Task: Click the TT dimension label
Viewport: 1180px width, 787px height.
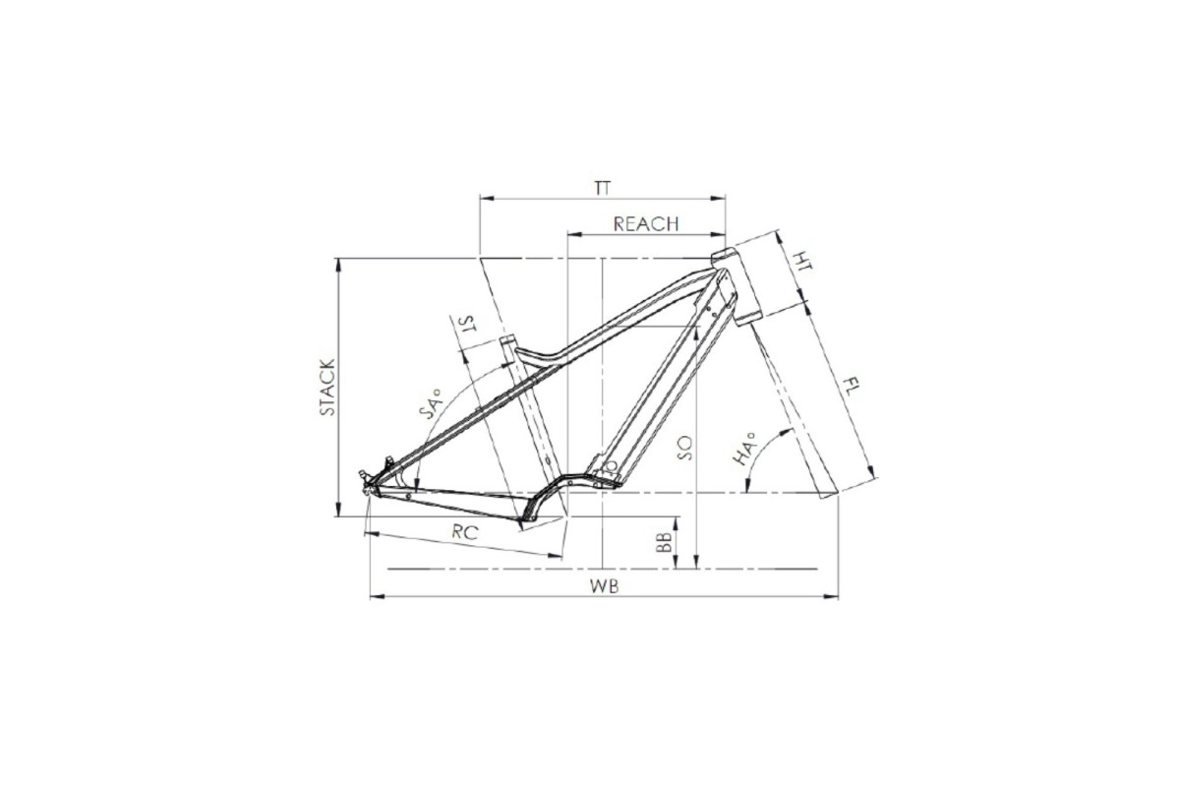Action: [x=603, y=188]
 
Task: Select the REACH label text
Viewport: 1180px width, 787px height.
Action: [x=646, y=224]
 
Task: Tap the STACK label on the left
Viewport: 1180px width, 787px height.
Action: [x=327, y=388]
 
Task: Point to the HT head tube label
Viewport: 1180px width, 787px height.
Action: [x=802, y=261]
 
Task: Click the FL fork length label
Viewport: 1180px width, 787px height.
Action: [x=851, y=388]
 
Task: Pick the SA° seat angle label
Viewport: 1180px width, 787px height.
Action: [x=433, y=403]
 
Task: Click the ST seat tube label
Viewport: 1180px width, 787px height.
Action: [x=467, y=325]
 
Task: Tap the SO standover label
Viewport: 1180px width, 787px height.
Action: [x=685, y=448]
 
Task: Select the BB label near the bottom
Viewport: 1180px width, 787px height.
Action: [x=664, y=542]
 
